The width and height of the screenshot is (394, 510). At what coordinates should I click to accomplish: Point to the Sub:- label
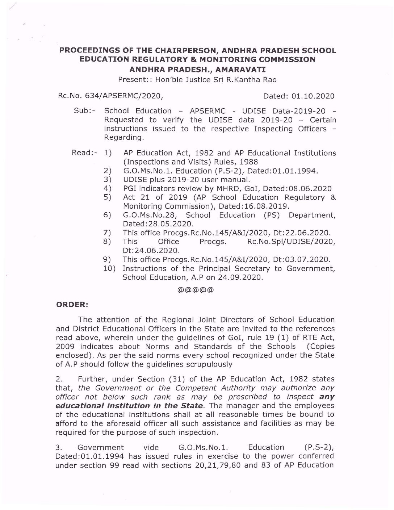pyautogui.click(x=84, y=111)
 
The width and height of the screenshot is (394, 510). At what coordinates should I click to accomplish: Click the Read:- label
pyautogui.click(x=84, y=153)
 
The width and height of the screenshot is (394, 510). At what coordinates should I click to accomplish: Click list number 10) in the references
pyautogui.click(x=109, y=268)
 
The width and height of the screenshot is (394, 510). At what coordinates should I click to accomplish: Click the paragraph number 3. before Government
pyautogui.click(x=59, y=447)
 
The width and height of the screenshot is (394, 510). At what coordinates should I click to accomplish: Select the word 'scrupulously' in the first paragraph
pyautogui.click(x=200, y=364)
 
